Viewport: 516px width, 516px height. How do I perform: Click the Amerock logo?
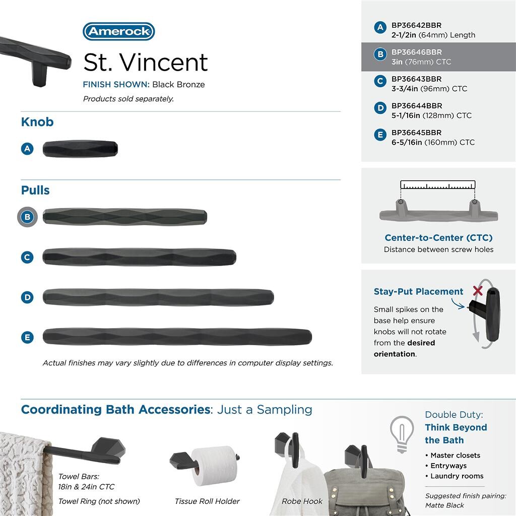118,31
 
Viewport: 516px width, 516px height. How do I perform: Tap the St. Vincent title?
145,62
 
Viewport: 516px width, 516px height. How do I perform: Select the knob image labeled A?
80,149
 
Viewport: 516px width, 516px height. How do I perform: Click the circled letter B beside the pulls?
28,217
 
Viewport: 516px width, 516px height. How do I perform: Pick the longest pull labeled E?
177,337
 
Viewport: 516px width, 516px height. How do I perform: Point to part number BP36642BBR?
416,25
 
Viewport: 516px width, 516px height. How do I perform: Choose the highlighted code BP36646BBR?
416,52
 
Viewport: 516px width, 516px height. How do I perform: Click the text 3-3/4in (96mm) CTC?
429,89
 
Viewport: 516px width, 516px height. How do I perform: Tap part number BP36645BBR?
416,133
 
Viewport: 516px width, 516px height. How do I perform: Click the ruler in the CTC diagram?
438,185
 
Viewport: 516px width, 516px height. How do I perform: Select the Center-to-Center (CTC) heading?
438,238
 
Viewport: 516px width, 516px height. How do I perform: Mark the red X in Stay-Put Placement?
478,291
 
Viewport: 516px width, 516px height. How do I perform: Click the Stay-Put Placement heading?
418,292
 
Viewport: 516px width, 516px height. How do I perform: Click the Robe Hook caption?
302,501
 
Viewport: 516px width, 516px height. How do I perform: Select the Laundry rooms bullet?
457,476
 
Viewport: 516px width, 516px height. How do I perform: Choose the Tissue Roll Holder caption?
207,501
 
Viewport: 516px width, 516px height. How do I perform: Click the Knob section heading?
37,122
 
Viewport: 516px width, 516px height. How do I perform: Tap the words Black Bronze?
178,85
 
